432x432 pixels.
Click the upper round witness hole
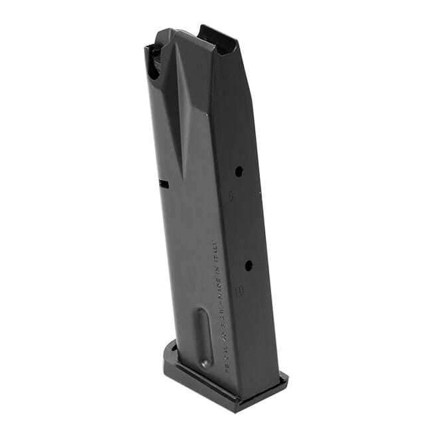[239, 171]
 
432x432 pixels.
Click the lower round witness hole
[248, 266]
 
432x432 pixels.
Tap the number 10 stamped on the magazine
[239, 291]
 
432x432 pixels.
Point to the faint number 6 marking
[230, 196]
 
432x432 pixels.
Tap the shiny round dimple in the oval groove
[205, 363]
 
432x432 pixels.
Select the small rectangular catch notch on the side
[163, 183]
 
